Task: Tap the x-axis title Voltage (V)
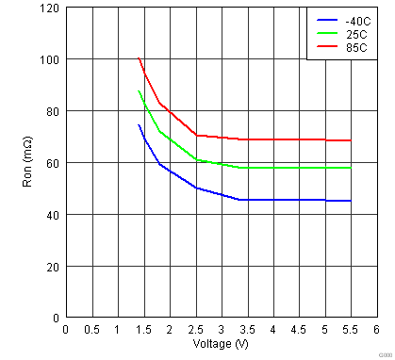[220, 343]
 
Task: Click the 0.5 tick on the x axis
[91, 330]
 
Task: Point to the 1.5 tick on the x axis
[143, 330]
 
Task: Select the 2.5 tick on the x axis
[195, 330]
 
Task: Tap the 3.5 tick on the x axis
[247, 330]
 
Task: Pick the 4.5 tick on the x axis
[299, 330]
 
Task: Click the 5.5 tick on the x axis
[351, 330]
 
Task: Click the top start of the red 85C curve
[139, 58]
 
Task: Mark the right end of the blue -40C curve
[351, 201]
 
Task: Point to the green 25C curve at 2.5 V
[195, 159]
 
